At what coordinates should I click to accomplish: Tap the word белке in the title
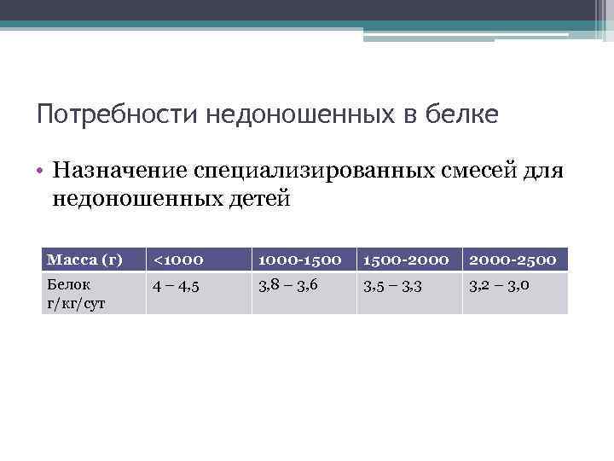(x=460, y=114)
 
